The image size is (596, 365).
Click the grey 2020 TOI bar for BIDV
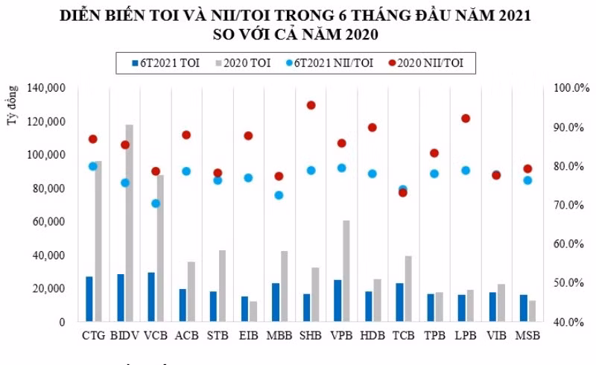[x=129, y=223]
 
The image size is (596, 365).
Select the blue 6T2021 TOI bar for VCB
[x=151, y=297]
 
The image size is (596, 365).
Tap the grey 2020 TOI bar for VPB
[x=346, y=271]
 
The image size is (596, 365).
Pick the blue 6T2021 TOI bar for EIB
[x=244, y=308]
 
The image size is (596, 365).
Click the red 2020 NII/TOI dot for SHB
[x=311, y=105]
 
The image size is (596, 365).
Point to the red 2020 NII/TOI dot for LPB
[x=466, y=118]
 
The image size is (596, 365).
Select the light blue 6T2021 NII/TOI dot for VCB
[x=156, y=203]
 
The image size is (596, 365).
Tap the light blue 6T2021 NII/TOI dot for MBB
[x=279, y=195]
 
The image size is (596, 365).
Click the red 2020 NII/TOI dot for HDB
[x=372, y=127]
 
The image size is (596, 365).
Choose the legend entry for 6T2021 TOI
[x=165, y=63]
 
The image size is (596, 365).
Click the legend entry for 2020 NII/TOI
[x=426, y=63]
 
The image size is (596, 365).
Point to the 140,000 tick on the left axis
[x=46, y=88]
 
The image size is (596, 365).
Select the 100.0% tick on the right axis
[x=571, y=88]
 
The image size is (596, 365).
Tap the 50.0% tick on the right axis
[x=568, y=283]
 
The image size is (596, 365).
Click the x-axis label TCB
[x=403, y=335]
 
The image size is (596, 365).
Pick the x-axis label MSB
[x=527, y=335]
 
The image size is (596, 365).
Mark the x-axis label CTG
[x=94, y=335]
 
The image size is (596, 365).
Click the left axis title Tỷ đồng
[x=12, y=105]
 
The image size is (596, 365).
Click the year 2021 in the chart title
[x=515, y=15]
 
